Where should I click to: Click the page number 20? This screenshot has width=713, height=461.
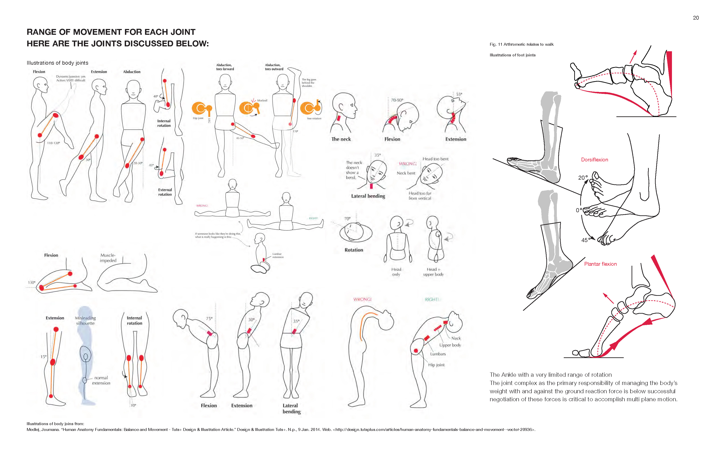pos(696,18)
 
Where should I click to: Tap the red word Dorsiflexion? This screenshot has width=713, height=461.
pos(594,160)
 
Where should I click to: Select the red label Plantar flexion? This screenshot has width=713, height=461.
pos(600,264)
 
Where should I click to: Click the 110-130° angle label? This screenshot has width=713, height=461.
pos(53,143)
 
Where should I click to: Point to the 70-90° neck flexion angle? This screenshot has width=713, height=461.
pos(397,100)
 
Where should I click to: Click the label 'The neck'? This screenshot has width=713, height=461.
pos(341,139)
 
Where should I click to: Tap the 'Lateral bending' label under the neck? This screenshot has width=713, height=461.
pos(368,196)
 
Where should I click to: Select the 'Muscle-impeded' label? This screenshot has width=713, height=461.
pos(108,258)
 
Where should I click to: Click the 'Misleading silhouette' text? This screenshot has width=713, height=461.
pos(85,321)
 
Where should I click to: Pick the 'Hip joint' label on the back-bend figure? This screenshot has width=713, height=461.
pos(436,365)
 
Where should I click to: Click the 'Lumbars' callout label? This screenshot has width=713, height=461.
pos(438,354)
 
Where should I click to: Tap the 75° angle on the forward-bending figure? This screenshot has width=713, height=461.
pos(209,319)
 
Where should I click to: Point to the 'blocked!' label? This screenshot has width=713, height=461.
pos(262,101)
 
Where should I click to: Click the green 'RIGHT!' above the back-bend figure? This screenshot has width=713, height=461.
pos(432,300)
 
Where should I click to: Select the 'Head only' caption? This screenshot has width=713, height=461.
pos(396,272)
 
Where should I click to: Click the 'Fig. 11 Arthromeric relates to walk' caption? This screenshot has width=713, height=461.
pos(522,45)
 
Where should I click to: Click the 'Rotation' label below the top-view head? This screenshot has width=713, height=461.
pos(354,250)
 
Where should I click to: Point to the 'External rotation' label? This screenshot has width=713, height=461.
pos(165,192)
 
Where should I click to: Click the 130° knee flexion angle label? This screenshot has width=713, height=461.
pos(31,283)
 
